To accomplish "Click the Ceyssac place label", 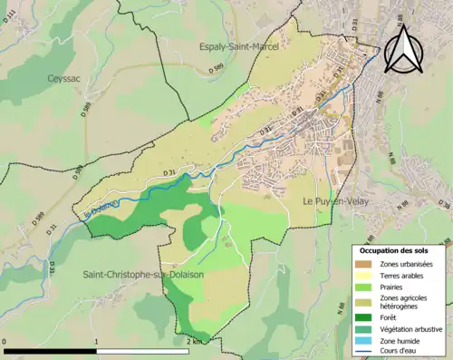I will tap(65, 79).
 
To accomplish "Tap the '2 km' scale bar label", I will tap(193, 342).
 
